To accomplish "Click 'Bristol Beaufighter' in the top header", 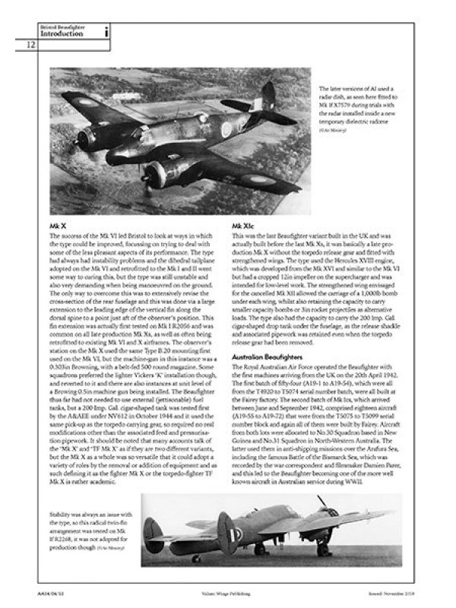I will [62, 27].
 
